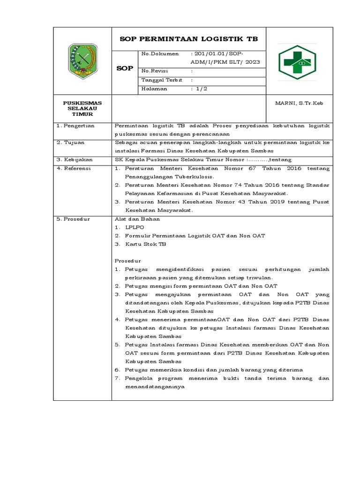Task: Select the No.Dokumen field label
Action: pyautogui.click(x=159, y=54)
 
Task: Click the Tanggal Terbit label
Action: pyautogui.click(x=161, y=80)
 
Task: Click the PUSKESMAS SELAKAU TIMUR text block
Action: pyautogui.click(x=82, y=108)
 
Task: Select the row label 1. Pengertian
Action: pyautogui.click(x=76, y=126)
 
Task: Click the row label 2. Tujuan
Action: pyautogui.click(x=71, y=142)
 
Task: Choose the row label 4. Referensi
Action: pyautogui.click(x=75, y=168)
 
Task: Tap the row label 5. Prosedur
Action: pyautogui.click(x=74, y=219)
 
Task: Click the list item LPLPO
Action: pyautogui.click(x=135, y=227)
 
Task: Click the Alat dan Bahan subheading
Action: pyautogui.click(x=137, y=219)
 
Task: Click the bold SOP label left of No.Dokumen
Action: pyautogui.click(x=124, y=68)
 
